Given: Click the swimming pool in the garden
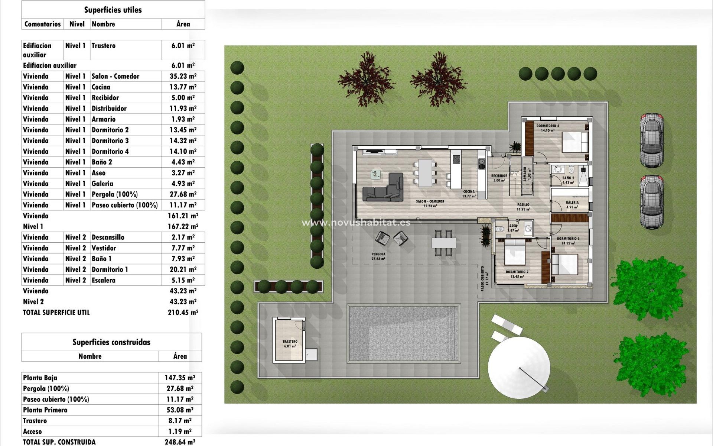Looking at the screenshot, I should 404,333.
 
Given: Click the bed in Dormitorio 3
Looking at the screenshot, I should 565,264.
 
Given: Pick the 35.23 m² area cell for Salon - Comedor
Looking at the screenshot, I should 183,76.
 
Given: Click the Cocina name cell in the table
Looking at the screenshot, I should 101,87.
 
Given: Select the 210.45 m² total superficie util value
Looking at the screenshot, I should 183,313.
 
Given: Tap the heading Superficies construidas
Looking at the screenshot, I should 111,342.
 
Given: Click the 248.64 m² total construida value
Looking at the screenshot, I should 180,442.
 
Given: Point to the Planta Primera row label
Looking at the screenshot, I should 45,410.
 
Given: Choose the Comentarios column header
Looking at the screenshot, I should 42,24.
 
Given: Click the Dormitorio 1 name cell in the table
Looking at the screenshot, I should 110,269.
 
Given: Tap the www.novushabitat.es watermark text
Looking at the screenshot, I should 356,223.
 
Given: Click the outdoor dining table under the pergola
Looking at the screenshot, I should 443,243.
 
